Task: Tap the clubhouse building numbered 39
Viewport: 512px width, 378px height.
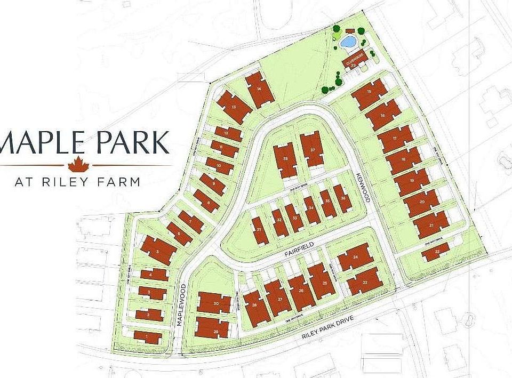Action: (354, 61)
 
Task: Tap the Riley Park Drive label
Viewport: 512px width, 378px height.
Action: (325, 332)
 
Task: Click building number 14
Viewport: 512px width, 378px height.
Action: (260, 90)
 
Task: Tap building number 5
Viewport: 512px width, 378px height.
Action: (158, 250)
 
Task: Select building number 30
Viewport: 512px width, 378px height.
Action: (214, 302)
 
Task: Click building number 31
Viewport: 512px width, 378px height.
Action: (259, 230)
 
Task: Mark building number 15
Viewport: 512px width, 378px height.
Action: (370, 93)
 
